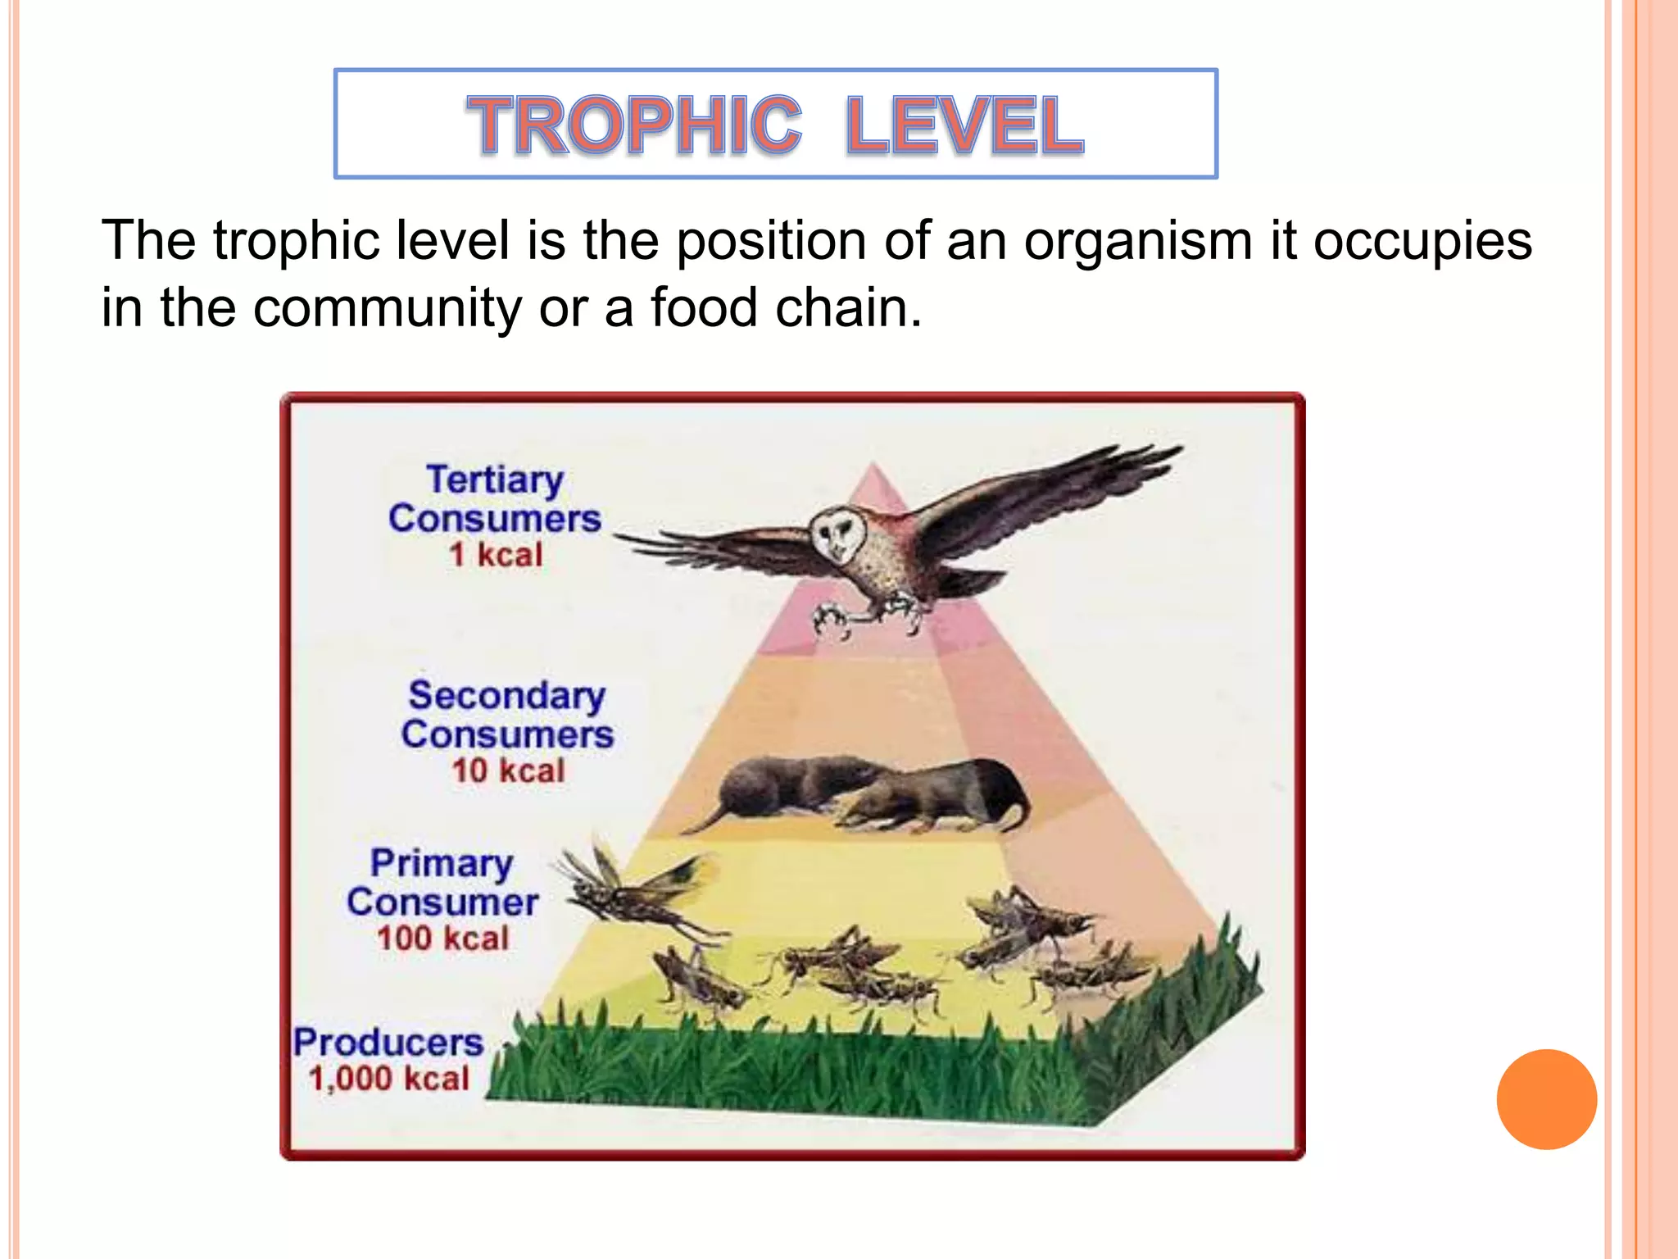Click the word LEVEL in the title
pyautogui.click(x=964, y=125)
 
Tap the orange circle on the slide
pyautogui.click(x=1546, y=1098)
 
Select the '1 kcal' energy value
pyautogui.click(x=496, y=555)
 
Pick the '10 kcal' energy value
pyautogui.click(x=508, y=770)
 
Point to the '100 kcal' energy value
pyautogui.click(x=442, y=938)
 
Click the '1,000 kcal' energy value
pyautogui.click(x=388, y=1078)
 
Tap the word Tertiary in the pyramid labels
pyautogui.click(x=495, y=480)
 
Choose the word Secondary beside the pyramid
pyautogui.click(x=507, y=696)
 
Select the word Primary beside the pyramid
pyautogui.click(x=442, y=864)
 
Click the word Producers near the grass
pyautogui.click(x=388, y=1043)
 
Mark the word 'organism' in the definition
pyautogui.click(x=1138, y=242)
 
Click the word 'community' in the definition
pyautogui.click(x=387, y=308)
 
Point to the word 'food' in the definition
pyautogui.click(x=704, y=308)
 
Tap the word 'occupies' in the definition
pyautogui.click(x=1422, y=242)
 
